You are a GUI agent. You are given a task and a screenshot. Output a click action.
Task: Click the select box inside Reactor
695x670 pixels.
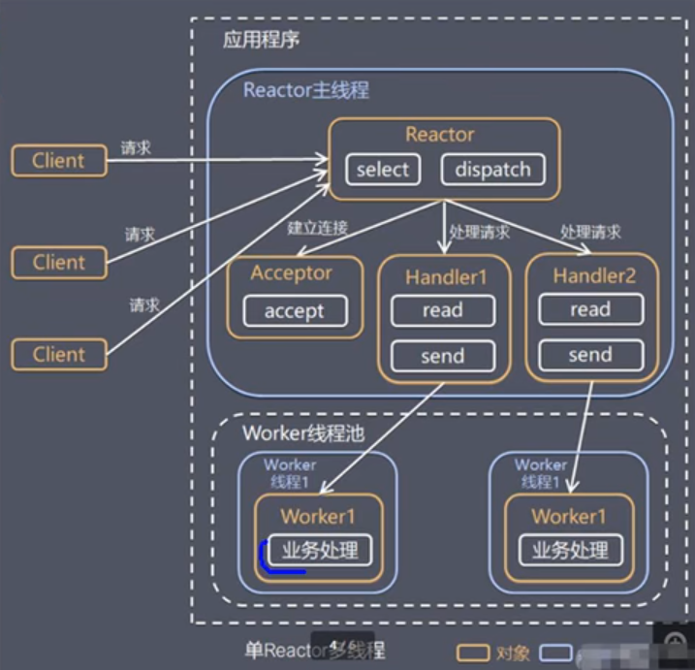pyautogui.click(x=383, y=170)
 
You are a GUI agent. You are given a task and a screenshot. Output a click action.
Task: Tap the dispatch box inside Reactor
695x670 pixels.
pyautogui.click(x=492, y=170)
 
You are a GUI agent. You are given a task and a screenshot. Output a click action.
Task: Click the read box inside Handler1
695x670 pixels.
pyautogui.click(x=442, y=310)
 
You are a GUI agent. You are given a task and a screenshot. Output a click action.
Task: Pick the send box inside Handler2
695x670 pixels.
pyautogui.click(x=589, y=355)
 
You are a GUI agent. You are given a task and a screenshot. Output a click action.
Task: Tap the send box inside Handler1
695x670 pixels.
pyautogui.click(x=442, y=356)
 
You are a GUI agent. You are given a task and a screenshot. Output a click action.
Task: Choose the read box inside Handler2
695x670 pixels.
pyautogui.click(x=589, y=310)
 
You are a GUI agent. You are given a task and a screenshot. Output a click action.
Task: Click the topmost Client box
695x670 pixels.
pyautogui.click(x=58, y=161)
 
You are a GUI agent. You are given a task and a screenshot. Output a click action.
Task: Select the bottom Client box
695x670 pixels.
pyautogui.click(x=58, y=355)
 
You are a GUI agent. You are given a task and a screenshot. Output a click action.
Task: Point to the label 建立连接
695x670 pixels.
pyautogui.click(x=317, y=229)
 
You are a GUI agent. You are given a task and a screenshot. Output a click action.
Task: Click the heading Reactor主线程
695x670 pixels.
pyautogui.click(x=305, y=91)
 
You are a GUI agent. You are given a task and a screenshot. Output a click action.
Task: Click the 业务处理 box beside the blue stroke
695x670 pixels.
pyautogui.click(x=320, y=551)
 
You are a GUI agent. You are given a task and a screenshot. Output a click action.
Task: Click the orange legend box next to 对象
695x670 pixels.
pyautogui.click(x=473, y=653)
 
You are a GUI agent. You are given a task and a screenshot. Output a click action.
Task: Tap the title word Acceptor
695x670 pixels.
pyautogui.click(x=292, y=272)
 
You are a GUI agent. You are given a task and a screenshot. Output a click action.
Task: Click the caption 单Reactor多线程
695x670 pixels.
pyautogui.click(x=310, y=651)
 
